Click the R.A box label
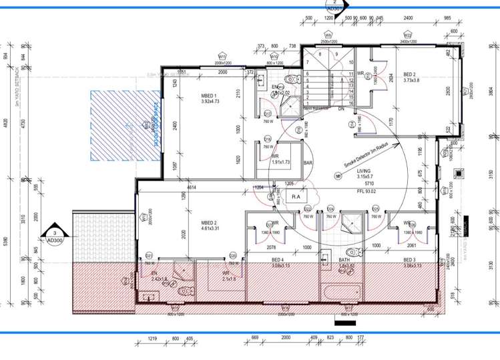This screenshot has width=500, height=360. [x=296, y=196]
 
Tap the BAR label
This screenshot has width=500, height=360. [x=309, y=162]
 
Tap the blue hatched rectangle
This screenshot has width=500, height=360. [x=123, y=126]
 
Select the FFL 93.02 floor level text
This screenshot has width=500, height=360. [x=367, y=190]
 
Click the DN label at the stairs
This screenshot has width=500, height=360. [x=340, y=108]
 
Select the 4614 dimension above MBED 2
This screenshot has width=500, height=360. [x=191, y=189]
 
